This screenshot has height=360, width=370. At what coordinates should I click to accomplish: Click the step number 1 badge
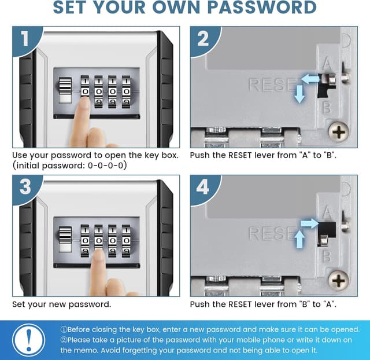click(25, 39)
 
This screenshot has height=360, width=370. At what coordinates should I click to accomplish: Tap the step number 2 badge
click(203, 39)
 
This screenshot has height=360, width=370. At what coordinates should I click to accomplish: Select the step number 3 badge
click(25, 187)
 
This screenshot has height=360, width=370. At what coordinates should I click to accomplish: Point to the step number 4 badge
click(203, 187)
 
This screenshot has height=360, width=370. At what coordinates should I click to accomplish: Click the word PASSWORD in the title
click(262, 7)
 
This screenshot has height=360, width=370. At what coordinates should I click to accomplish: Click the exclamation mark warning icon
click(28, 340)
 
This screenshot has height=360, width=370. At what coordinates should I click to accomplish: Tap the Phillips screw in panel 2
click(339, 131)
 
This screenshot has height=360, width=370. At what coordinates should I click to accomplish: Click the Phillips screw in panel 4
click(339, 280)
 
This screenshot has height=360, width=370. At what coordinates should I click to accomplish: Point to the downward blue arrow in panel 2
click(299, 94)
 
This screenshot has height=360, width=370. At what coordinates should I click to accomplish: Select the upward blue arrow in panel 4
click(299, 239)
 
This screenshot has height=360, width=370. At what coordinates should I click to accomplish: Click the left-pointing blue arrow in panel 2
click(310, 79)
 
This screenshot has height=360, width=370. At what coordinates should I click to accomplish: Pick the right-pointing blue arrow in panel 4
click(310, 223)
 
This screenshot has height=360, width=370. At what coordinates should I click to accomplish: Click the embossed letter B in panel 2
click(327, 107)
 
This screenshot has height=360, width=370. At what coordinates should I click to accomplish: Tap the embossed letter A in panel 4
click(327, 212)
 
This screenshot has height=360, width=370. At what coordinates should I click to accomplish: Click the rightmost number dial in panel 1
click(126, 92)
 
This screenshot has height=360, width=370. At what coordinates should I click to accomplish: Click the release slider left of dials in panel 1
click(65, 90)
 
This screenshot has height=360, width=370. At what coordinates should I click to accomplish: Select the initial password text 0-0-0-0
click(106, 166)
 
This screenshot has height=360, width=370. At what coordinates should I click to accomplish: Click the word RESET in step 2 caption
click(240, 155)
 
